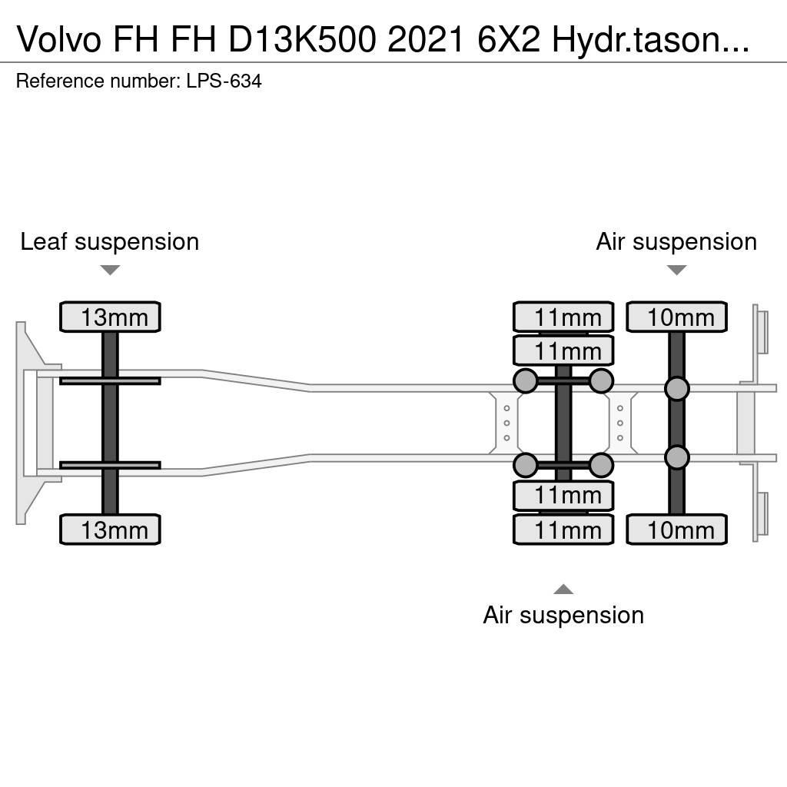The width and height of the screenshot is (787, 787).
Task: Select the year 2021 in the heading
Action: [422, 39]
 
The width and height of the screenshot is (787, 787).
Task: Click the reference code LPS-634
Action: [224, 81]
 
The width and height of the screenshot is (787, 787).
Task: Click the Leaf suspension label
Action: [109, 241]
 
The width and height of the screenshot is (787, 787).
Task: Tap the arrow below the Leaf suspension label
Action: [110, 270]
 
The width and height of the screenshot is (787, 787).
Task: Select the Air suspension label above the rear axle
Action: [676, 241]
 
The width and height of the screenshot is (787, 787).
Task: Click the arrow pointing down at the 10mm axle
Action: [676, 270]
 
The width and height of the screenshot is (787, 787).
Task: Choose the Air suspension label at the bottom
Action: [563, 615]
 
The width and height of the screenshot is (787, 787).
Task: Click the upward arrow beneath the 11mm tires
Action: [563, 589]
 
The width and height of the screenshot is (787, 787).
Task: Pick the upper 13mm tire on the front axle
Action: [110, 317]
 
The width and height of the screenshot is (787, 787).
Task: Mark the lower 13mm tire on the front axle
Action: [110, 530]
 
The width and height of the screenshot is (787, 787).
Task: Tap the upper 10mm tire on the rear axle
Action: [676, 317]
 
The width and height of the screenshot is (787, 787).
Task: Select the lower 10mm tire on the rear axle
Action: [676, 530]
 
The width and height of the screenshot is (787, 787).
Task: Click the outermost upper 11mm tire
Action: [563, 317]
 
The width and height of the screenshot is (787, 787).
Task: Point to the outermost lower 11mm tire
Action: [563, 530]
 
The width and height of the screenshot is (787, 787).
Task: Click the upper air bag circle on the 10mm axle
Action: [676, 389]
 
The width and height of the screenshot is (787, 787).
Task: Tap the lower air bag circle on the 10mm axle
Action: [676, 458]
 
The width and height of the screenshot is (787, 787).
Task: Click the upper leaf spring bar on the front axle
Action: [110, 380]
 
